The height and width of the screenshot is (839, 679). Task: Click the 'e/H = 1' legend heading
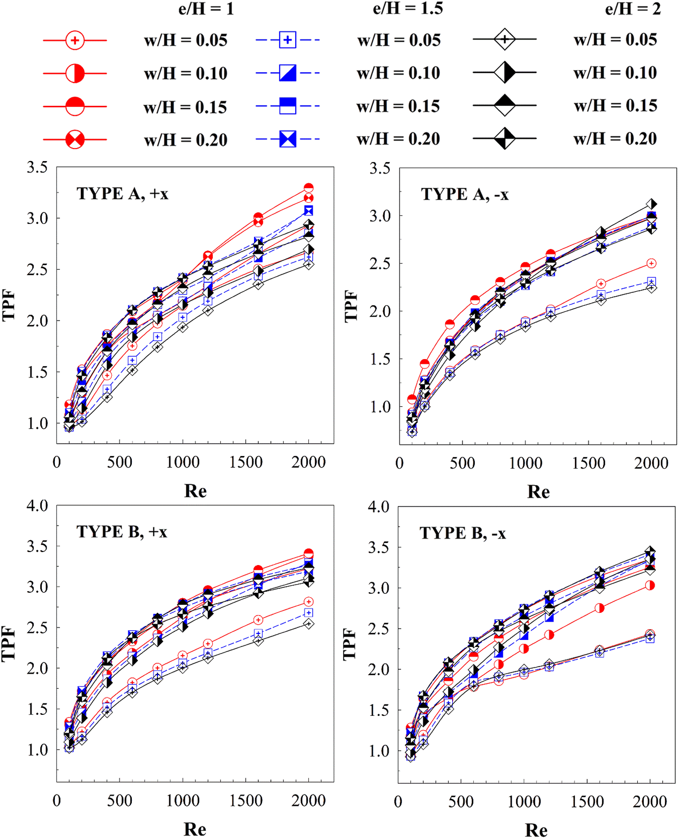tap(206, 9)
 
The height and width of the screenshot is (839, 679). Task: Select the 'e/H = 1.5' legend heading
tap(408, 9)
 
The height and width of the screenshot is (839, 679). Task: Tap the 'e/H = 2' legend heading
tap(633, 9)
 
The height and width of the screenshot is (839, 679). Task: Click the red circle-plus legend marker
tap(75, 40)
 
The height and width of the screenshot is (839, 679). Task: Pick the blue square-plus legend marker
tap(288, 40)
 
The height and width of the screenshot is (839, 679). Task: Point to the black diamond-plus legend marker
tap(505, 40)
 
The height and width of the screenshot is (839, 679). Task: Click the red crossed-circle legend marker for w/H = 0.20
tap(75, 140)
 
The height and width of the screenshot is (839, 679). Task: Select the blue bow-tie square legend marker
tap(288, 139)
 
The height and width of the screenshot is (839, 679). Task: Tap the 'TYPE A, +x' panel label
tap(123, 194)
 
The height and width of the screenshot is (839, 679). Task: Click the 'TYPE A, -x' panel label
tap(465, 194)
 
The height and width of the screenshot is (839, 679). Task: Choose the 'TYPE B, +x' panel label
tap(122, 532)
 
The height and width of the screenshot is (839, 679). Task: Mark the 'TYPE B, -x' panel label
tap(462, 534)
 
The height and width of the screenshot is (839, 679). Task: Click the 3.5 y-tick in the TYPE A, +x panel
tap(37, 168)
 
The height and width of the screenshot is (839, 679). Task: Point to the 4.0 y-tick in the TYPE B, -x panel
tap(378, 507)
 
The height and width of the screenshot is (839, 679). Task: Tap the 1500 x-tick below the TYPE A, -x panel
tap(588, 463)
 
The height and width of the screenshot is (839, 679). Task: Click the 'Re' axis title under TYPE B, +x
tap(195, 829)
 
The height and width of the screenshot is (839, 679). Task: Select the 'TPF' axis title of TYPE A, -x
tap(351, 306)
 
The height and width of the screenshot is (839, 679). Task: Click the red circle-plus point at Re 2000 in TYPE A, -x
tap(651, 264)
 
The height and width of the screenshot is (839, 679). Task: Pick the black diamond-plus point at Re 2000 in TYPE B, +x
tap(309, 624)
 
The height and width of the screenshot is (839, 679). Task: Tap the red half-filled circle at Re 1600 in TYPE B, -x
tap(600, 609)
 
